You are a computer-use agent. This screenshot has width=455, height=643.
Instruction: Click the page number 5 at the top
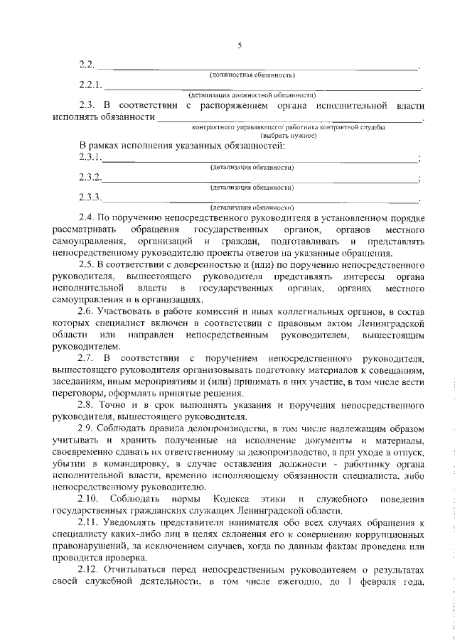(x=240, y=46)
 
